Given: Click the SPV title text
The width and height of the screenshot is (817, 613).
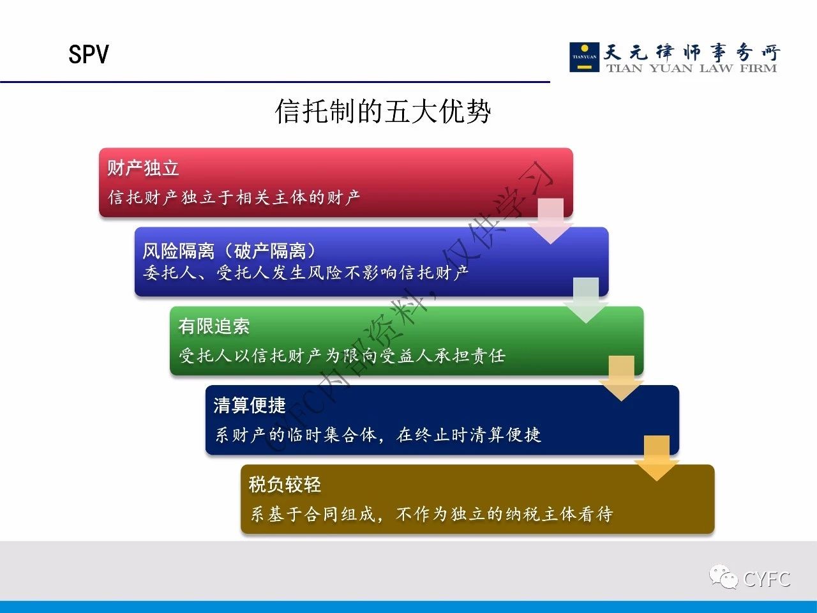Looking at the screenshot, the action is point(89,54).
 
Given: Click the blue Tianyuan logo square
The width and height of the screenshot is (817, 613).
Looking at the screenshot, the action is point(584,57).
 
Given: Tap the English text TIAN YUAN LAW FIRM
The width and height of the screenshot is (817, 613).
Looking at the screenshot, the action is point(691,68).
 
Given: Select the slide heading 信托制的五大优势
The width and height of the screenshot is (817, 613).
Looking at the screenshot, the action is point(383,111).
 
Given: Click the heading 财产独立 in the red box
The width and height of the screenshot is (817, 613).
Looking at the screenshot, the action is point(144,168).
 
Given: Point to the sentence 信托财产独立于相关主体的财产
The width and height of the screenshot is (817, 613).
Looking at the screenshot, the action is point(234,197).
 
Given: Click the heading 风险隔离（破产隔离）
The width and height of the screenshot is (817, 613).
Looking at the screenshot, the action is point(229,250).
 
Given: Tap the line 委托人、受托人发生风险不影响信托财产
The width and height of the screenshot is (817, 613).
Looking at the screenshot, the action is point(306,273).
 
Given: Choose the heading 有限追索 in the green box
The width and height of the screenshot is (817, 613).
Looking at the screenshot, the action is point(214,326).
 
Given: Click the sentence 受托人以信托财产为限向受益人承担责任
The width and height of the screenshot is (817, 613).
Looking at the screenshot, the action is point(342,356).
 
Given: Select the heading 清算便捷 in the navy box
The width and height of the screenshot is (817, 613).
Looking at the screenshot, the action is point(250,405).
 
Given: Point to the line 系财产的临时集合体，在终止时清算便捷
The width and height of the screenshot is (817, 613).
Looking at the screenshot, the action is point(377,434).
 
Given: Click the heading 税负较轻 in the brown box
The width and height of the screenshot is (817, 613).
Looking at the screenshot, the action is point(285,485).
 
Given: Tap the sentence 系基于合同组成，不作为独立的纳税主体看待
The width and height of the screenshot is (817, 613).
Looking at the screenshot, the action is point(431,514).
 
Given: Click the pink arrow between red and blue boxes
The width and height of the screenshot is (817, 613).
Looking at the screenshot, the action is point(550,221).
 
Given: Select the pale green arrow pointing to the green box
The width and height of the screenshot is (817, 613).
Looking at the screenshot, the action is point(586,300).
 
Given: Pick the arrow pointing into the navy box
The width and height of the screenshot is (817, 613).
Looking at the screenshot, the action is point(621,378).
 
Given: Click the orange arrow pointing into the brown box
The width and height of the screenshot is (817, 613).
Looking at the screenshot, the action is point(657,458).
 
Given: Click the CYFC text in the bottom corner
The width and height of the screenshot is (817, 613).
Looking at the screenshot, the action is point(767,579).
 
